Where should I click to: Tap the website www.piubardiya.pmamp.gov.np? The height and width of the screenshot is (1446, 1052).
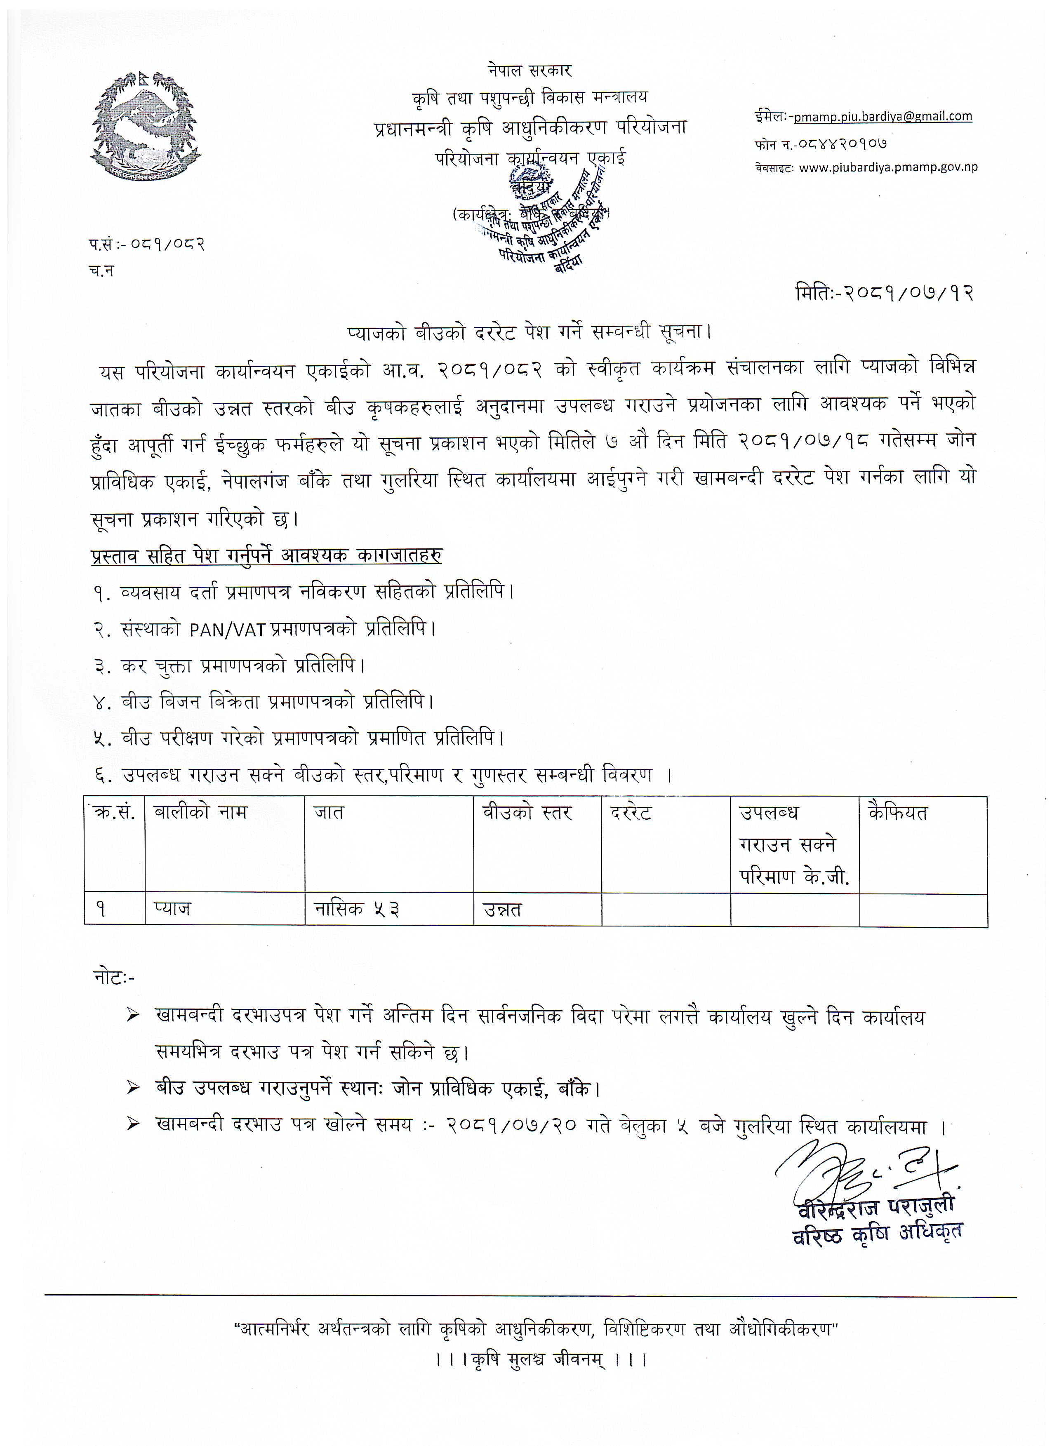[887, 168]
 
